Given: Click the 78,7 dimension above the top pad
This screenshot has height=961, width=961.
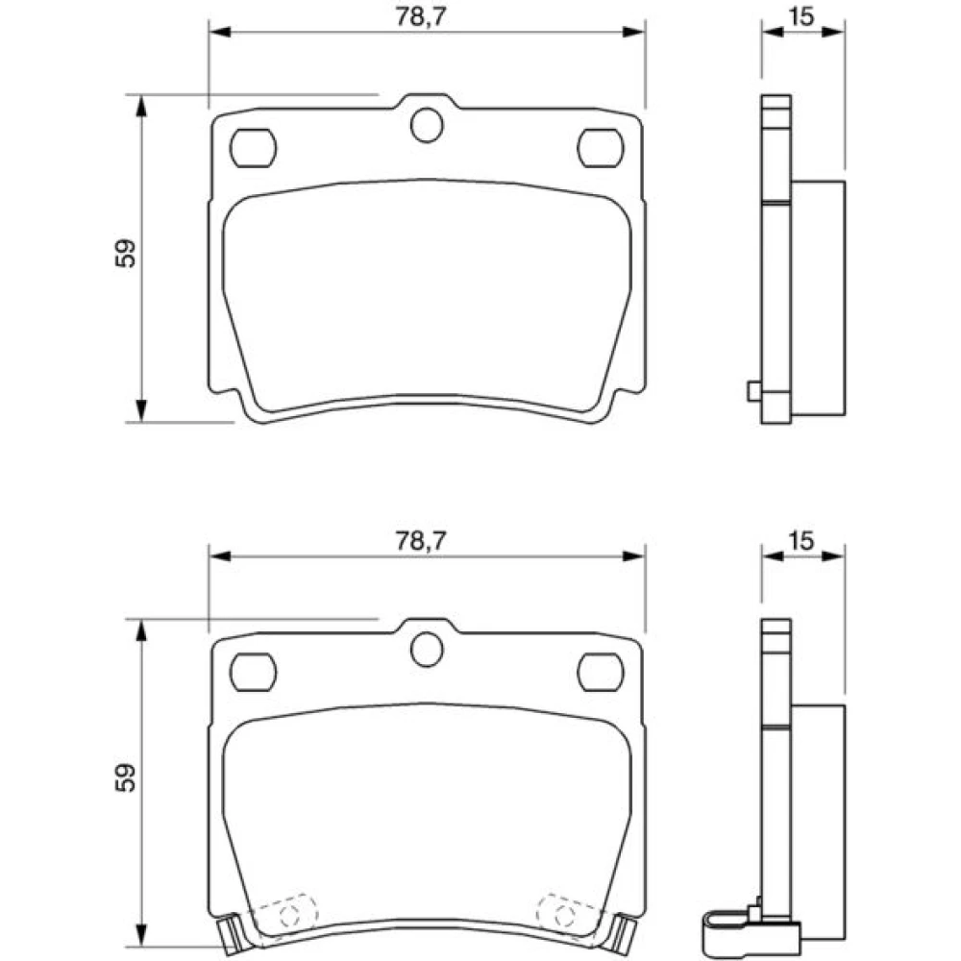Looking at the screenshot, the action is click(421, 16).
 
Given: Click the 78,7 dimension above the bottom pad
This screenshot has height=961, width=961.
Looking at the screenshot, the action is click(421, 540).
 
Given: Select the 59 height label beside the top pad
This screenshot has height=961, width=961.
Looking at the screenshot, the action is click(125, 253).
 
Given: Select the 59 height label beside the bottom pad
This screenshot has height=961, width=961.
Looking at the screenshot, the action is click(125, 777).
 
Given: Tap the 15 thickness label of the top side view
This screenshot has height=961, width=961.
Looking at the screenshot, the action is click(801, 16).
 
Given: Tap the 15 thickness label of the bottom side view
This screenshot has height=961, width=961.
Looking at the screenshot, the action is click(801, 540).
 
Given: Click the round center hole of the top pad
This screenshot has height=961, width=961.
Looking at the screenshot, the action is click(427, 125).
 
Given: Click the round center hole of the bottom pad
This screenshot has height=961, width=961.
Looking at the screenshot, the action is click(427, 650).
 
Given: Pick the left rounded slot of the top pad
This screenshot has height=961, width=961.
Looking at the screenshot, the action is click(253, 148).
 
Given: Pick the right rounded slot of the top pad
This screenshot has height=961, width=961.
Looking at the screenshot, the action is click(601, 148).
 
